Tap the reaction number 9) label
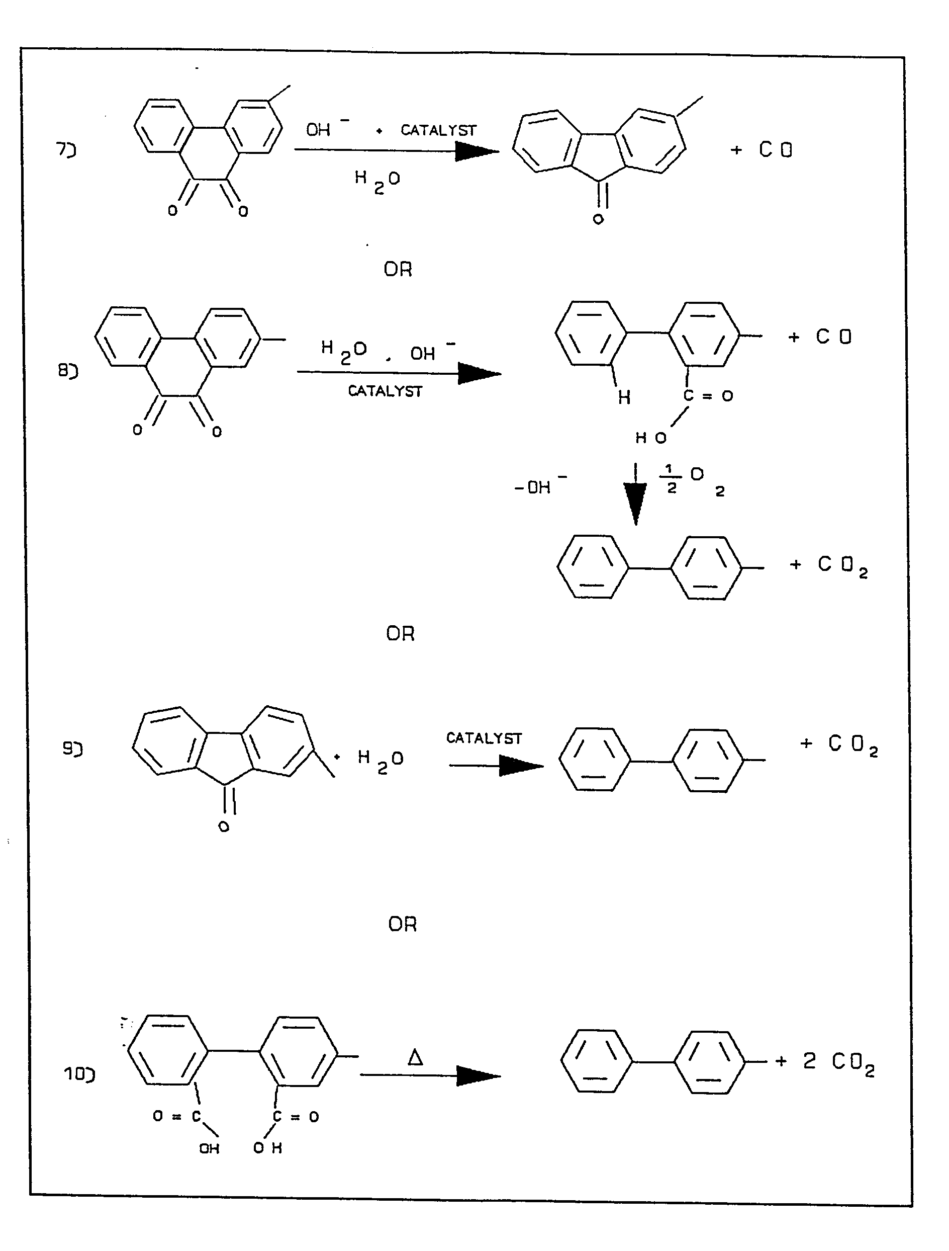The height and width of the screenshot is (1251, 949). [x=72, y=749]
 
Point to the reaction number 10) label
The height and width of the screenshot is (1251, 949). [x=79, y=1073]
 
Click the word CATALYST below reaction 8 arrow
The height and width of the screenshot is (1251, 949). [x=385, y=391]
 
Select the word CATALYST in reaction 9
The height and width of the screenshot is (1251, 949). [x=484, y=738]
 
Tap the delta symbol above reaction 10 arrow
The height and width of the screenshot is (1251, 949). [x=415, y=1057]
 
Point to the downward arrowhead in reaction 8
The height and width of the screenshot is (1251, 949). [x=636, y=504]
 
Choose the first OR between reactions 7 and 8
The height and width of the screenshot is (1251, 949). [x=398, y=269]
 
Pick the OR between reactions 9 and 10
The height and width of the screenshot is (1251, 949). [x=403, y=924]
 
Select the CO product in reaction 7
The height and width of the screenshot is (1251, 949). [x=776, y=150]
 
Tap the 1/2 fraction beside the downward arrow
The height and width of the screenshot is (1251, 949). [x=672, y=479]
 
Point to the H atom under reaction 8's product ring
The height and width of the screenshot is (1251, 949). [x=624, y=398]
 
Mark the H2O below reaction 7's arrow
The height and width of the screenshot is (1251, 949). [x=377, y=181]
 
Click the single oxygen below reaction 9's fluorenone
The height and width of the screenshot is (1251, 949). [x=224, y=827]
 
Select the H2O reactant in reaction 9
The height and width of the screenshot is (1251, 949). [x=381, y=760]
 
